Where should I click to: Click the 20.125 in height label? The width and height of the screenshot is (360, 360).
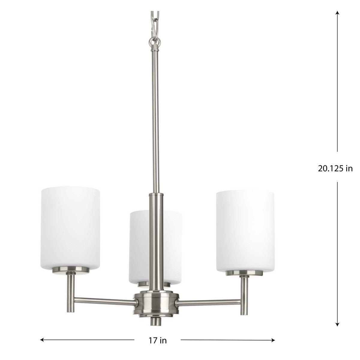point(335,168)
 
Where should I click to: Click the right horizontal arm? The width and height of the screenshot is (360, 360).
point(208,301)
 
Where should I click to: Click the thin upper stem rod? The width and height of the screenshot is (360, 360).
point(156,120)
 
